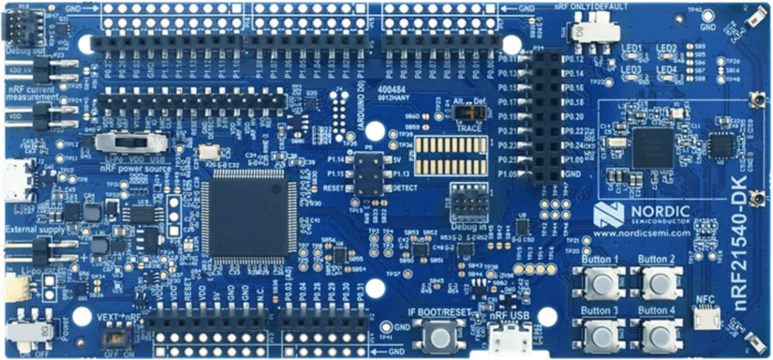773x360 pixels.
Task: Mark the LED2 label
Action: click(x=666, y=48)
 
